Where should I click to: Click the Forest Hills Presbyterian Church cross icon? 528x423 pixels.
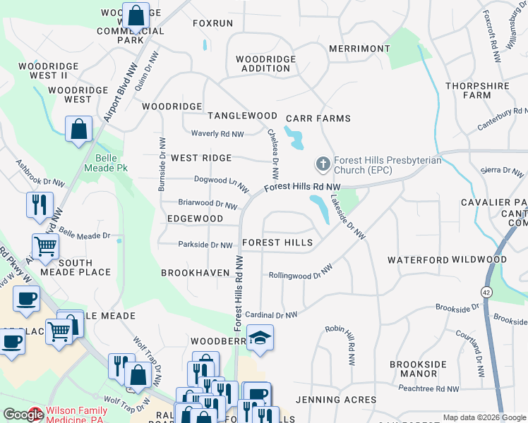(323, 164)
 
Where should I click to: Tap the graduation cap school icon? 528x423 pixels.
(260, 338)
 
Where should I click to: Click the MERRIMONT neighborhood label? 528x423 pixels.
(359, 49)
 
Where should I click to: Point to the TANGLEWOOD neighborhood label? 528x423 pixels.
(242, 116)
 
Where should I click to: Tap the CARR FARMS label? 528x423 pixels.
(318, 119)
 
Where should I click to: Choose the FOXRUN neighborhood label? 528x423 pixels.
(212, 23)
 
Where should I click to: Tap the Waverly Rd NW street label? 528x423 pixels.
(217, 134)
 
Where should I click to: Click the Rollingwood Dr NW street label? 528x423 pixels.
(300, 273)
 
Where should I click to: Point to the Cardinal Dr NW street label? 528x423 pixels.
(271, 315)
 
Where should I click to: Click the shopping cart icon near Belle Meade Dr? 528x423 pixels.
(46, 247)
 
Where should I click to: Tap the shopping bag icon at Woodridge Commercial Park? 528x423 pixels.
(136, 15)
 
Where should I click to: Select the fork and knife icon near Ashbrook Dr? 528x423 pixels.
(37, 204)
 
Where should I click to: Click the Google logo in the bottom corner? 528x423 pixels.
(23, 415)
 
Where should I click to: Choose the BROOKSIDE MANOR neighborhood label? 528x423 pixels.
(419, 369)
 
